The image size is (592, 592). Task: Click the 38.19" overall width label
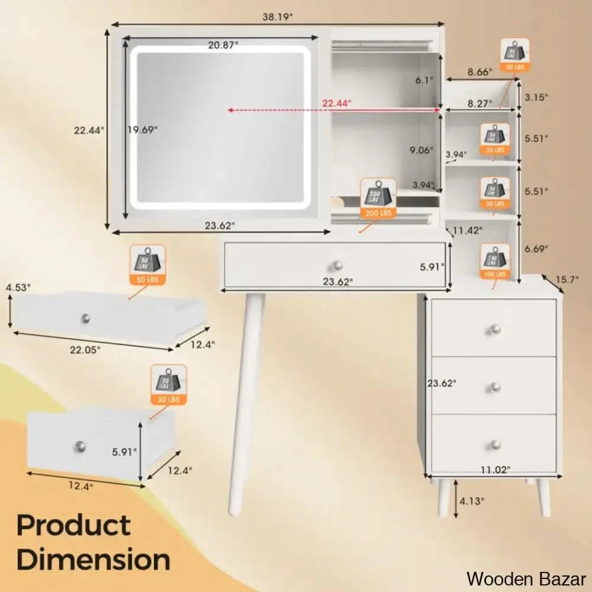[x=277, y=17]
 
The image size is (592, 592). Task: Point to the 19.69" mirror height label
[x=143, y=130]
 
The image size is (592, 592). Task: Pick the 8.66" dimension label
[x=480, y=72]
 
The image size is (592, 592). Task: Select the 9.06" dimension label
[x=422, y=150]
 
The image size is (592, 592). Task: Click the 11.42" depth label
[x=468, y=230]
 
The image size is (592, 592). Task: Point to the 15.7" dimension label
[x=566, y=280]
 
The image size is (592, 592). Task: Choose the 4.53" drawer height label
[x=18, y=288]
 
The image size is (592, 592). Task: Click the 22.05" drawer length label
[x=85, y=350]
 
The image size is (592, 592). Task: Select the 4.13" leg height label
[x=472, y=501]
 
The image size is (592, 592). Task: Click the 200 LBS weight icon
[x=378, y=197]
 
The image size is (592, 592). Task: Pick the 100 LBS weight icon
[x=494, y=260]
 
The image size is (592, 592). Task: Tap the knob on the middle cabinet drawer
[x=494, y=387]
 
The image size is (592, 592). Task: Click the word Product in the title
[x=73, y=526]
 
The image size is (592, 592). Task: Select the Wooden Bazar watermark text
[x=526, y=578]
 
